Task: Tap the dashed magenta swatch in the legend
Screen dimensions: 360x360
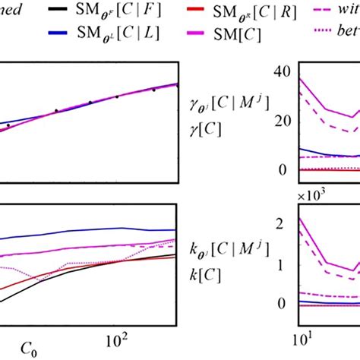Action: point(325,11)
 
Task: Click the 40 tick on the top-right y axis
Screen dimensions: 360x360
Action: point(283,71)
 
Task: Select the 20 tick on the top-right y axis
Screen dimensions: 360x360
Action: point(283,121)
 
